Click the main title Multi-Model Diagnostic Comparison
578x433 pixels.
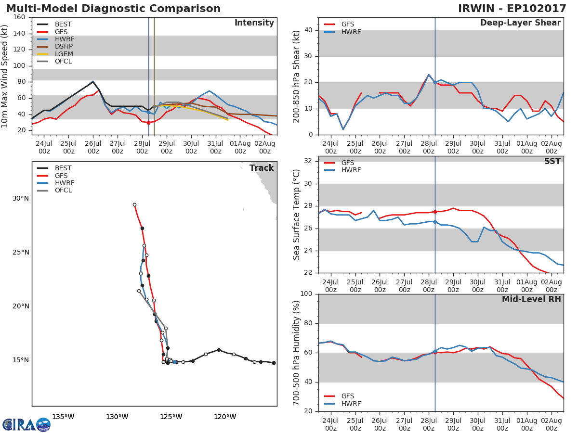113,9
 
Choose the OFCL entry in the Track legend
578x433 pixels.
63,191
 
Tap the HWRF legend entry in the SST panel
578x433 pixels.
351,170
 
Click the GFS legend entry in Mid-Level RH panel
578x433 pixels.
347,396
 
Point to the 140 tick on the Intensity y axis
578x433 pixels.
20,34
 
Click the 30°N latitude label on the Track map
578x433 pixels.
21,199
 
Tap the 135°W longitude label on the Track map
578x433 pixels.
63,417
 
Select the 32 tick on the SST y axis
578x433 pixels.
308,161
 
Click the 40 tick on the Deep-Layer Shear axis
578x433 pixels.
308,30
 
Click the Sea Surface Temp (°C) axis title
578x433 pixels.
296,215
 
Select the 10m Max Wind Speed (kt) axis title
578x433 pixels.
5,76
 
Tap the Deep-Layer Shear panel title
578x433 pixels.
520,23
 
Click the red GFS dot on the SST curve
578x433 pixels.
435,212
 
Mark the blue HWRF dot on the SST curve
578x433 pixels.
435,222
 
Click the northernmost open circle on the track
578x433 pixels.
134,205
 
